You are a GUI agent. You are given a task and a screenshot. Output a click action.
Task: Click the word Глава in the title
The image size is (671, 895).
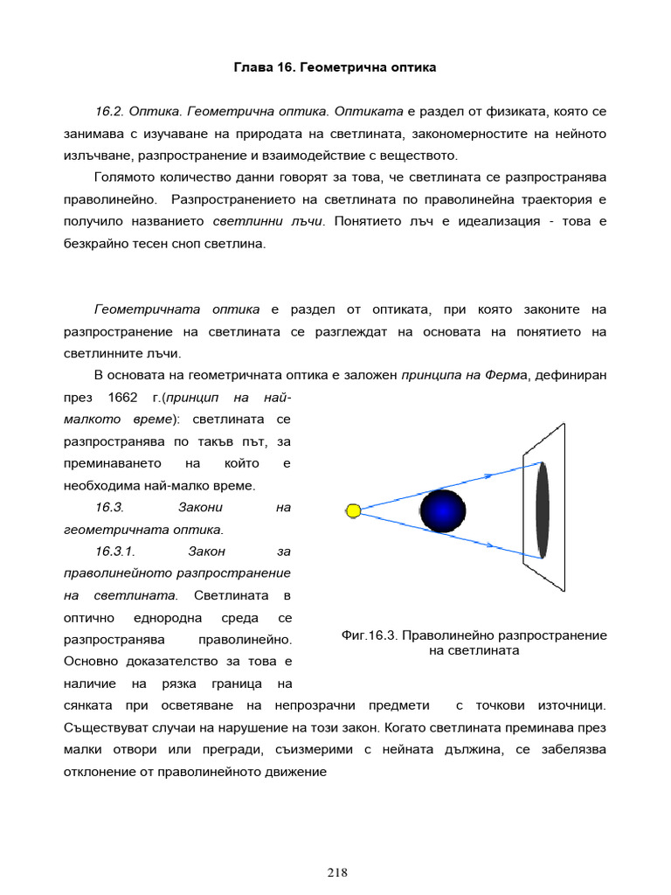tap(252, 66)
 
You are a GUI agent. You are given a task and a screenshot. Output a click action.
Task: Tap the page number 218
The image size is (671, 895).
tap(338, 871)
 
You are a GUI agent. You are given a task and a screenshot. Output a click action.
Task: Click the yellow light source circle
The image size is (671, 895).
tap(353, 510)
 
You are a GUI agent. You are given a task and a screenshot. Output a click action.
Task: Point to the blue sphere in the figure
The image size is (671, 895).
tap(443, 511)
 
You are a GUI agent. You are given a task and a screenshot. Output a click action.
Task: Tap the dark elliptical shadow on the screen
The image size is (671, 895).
tap(543, 510)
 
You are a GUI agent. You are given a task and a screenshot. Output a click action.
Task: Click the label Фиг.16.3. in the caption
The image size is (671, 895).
tap(370, 635)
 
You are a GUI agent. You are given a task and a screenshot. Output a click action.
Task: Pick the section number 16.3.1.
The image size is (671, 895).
tap(114, 552)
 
